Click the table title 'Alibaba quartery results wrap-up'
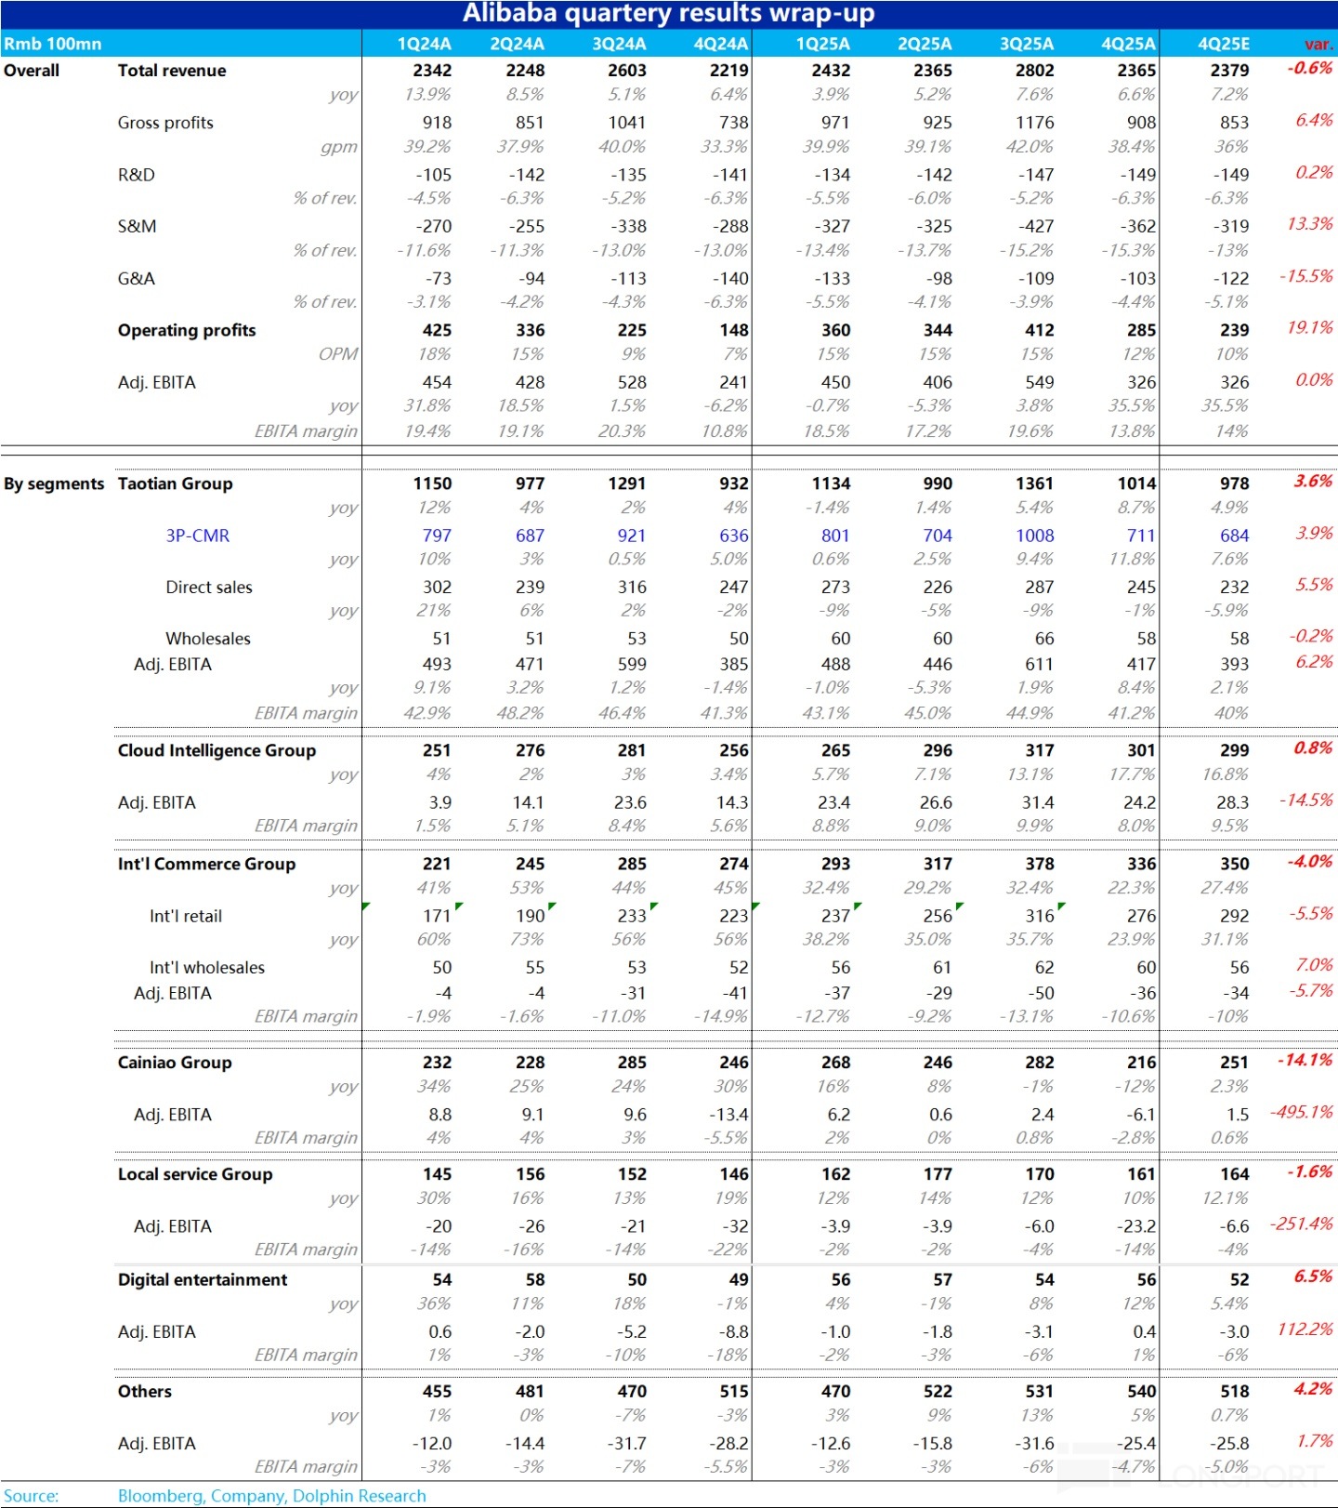pyautogui.click(x=668, y=13)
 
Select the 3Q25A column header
pyautogui.click(x=1026, y=44)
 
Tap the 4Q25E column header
pyautogui.click(x=1223, y=44)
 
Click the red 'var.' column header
pyautogui.click(x=1318, y=44)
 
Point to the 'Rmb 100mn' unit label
pyautogui.click(x=52, y=44)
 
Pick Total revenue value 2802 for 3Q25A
pyautogui.click(x=1034, y=71)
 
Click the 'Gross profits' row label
pyautogui.click(x=165, y=123)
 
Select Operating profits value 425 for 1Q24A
pyautogui.click(x=437, y=330)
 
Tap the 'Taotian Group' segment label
pyautogui.click(x=175, y=483)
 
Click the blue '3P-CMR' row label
pyautogui.click(x=197, y=536)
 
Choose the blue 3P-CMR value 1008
pyautogui.click(x=1034, y=536)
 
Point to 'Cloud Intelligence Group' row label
pyautogui.click(x=216, y=750)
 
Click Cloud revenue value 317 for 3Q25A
pyautogui.click(x=1039, y=750)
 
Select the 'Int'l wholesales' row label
pyautogui.click(x=207, y=968)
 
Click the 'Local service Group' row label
pyautogui.click(x=195, y=1174)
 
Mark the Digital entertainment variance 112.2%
pyautogui.click(x=1305, y=1329)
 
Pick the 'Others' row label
pyautogui.click(x=145, y=1392)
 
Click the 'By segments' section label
pyautogui.click(x=54, y=483)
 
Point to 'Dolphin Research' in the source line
pyautogui.click(x=359, y=1496)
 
